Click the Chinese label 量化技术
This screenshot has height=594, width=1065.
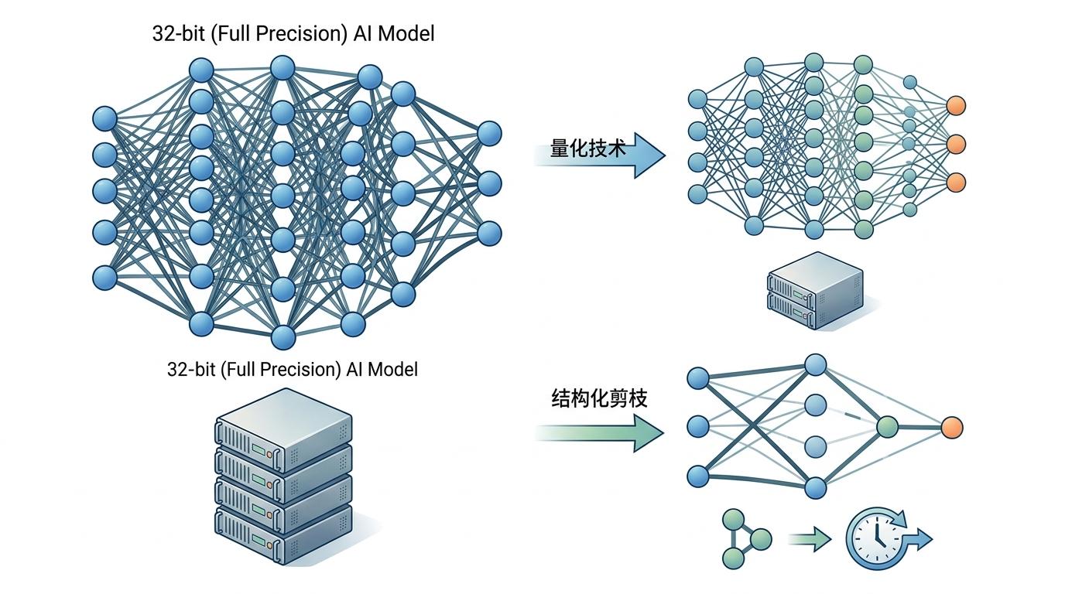click(587, 148)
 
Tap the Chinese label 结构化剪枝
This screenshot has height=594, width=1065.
click(598, 399)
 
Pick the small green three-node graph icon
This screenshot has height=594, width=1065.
click(745, 538)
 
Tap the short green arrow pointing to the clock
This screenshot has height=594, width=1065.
click(809, 538)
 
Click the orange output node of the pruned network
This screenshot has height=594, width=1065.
click(952, 426)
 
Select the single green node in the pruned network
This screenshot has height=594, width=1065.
click(887, 426)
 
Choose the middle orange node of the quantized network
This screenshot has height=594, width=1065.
click(956, 144)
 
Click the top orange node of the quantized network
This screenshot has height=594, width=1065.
click(956, 105)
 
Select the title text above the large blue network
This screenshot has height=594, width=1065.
click(293, 34)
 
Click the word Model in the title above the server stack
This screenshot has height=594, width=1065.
click(392, 370)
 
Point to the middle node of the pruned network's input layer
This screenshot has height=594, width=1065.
click(698, 426)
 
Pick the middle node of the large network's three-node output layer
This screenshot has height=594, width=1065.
click(489, 184)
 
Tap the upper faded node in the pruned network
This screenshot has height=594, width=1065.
click(815, 405)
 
